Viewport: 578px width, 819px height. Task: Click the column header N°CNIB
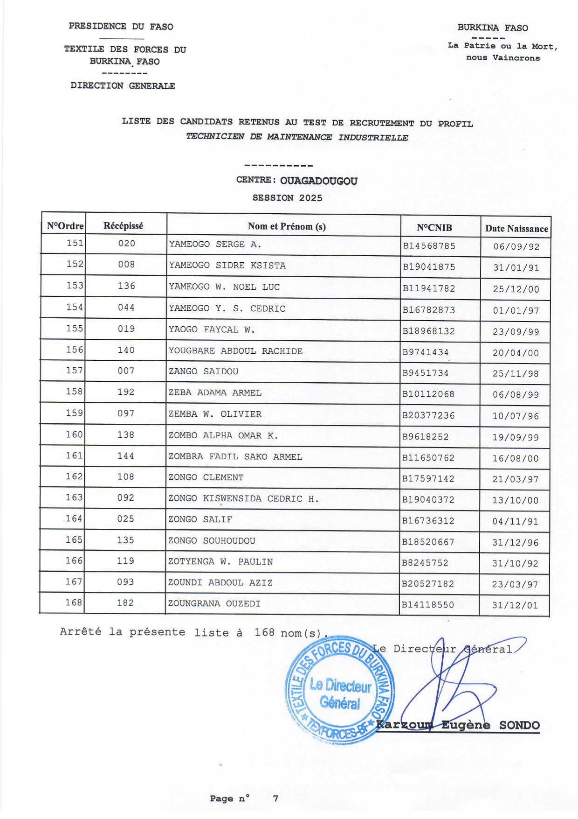coord(434,228)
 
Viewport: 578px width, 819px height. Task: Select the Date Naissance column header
coord(516,229)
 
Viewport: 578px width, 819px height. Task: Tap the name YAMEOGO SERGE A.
coord(215,244)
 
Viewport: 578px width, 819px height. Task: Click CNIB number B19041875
coord(429,267)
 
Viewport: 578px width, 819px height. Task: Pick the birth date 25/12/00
coord(516,289)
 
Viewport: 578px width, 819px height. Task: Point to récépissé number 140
coord(126,350)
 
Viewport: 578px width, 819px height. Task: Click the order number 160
coord(75,434)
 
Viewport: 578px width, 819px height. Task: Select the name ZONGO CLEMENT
coord(206,477)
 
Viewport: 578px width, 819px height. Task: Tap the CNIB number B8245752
coord(425,563)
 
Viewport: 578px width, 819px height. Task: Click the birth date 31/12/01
coord(515,605)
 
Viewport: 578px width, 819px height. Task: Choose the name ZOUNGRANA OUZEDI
coord(214,603)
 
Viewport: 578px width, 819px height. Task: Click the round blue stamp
coord(339,690)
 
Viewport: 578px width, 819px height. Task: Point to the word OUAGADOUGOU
coord(319,181)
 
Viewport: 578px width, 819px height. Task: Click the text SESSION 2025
coord(287,198)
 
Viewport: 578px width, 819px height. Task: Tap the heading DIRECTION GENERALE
coord(123,86)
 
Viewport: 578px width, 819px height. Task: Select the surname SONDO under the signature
coord(519,725)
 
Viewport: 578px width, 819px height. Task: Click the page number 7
coord(275,798)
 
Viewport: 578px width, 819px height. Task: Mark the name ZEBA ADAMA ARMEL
coord(215,393)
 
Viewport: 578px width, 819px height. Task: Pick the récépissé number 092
coord(126,498)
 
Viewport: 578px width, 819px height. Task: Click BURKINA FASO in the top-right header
coord(492,28)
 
